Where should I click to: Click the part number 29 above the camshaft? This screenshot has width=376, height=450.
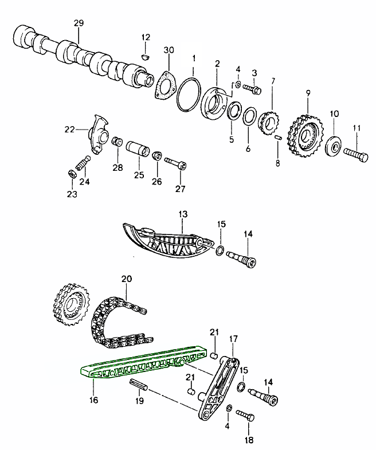tap(79, 23)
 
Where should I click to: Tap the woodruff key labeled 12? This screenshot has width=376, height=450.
tap(146, 57)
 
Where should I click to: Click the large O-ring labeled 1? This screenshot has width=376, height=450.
tap(189, 94)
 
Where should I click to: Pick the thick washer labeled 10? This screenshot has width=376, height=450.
tap(334, 147)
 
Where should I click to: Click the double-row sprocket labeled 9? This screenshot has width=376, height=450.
tap(305, 136)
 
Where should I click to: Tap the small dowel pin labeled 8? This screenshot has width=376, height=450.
tap(278, 138)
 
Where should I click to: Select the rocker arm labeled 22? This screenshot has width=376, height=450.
tap(98, 134)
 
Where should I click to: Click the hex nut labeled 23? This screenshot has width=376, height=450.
tap(72, 174)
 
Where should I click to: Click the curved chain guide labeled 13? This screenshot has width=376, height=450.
tap(166, 241)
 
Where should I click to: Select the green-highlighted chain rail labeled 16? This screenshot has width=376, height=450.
tap(143, 362)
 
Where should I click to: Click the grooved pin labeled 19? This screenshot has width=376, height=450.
tap(138, 384)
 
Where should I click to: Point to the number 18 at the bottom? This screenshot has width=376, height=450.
tap(249, 439)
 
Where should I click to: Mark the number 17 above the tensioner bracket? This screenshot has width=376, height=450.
tap(233, 339)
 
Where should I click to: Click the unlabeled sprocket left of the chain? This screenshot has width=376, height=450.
tap(72, 304)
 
